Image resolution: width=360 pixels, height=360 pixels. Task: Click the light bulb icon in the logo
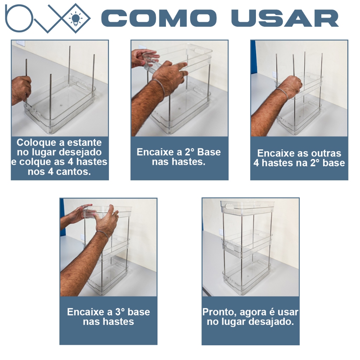click(x=76, y=19)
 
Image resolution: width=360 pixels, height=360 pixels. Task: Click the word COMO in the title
click(x=159, y=18)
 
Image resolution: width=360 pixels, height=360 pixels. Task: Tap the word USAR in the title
click(x=285, y=18)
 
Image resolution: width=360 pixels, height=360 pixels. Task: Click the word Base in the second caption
click(x=209, y=152)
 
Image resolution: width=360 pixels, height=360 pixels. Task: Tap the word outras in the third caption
click(x=326, y=153)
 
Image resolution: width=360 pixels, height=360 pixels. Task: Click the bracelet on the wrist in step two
click(x=159, y=87)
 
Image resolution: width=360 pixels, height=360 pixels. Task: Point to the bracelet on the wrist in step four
click(x=102, y=234)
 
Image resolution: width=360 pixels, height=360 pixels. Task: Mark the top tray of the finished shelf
click(x=247, y=208)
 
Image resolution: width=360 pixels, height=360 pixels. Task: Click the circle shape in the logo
click(x=19, y=18)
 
